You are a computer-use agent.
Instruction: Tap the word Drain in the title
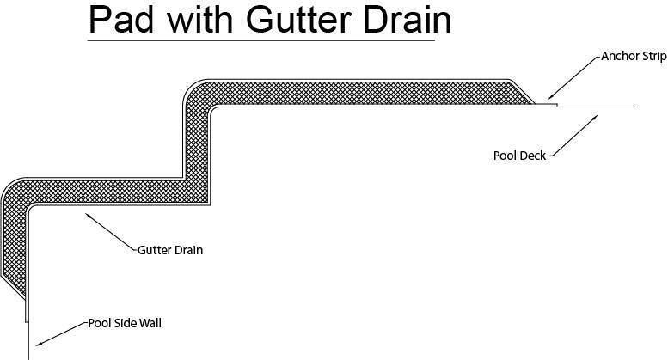408,20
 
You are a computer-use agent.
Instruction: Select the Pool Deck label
519,156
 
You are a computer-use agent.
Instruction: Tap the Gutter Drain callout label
170,251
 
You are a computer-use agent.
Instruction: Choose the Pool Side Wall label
125,324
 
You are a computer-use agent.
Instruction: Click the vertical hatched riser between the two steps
196,142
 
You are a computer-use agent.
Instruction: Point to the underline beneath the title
261,40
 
